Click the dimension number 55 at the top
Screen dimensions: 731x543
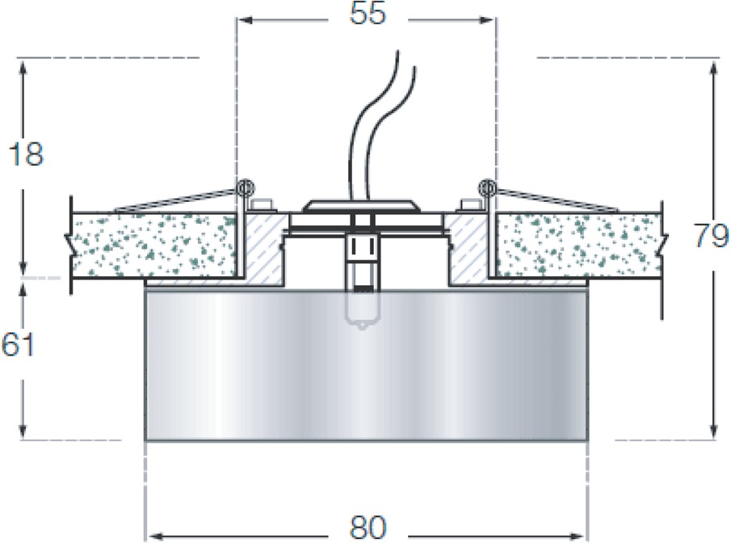click(368, 14)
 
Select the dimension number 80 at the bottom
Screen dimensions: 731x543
click(368, 528)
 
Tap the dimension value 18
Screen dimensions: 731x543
click(26, 154)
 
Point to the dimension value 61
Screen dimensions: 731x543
click(19, 345)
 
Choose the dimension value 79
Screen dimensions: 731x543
click(711, 235)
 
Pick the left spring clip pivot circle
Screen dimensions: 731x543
click(246, 188)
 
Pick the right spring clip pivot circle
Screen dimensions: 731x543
click(488, 188)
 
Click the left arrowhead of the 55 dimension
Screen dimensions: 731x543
click(246, 20)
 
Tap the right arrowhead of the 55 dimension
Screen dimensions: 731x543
click(488, 20)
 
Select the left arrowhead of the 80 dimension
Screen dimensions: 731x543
click(154, 535)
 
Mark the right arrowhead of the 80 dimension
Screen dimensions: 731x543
click(579, 535)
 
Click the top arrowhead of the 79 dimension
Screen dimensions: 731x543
click(712, 69)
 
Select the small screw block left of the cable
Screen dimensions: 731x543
click(261, 205)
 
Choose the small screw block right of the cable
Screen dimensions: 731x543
click(470, 205)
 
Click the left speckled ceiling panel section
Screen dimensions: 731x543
click(153, 244)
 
